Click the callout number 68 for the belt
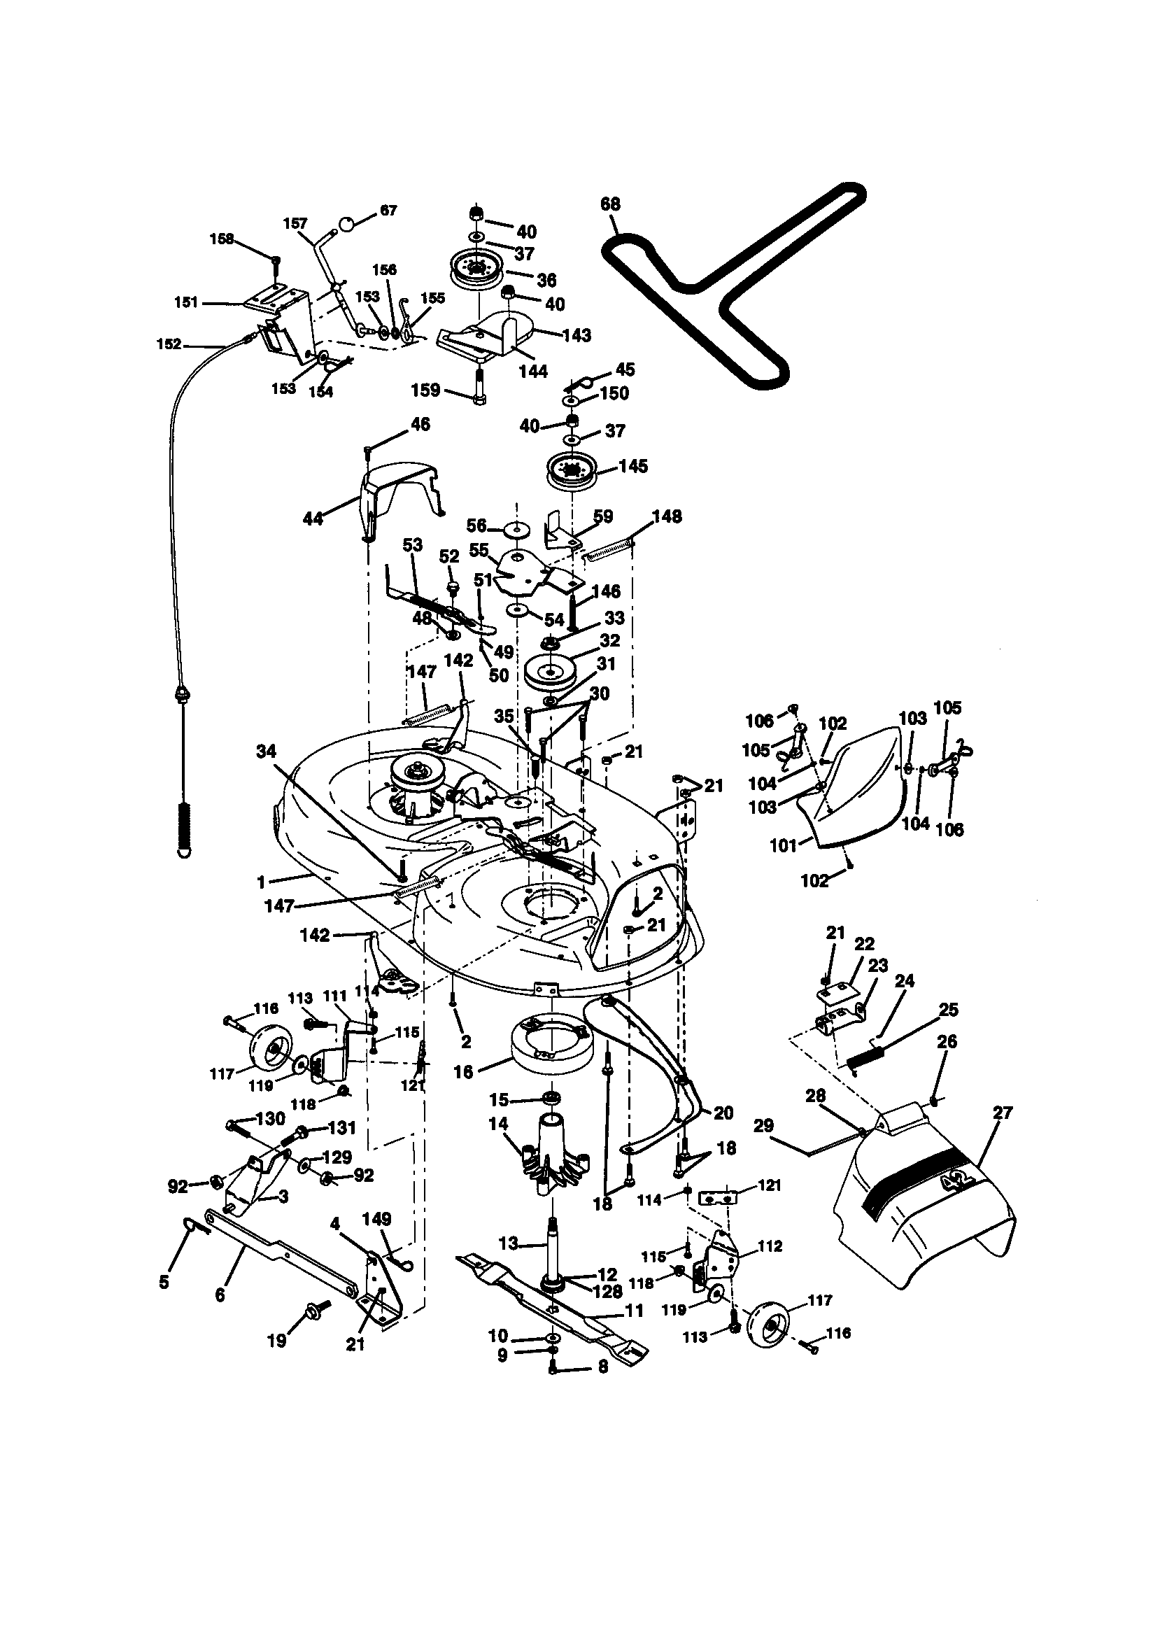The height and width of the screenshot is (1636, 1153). point(611,204)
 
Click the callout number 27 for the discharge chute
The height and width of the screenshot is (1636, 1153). point(1002,1113)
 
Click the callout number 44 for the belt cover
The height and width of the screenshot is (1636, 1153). point(313,519)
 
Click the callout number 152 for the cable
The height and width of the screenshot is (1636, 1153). point(168,344)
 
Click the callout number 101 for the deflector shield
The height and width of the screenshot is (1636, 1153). point(784,847)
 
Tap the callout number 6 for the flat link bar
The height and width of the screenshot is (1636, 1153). point(220,1294)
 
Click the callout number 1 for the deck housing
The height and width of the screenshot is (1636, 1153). point(261,882)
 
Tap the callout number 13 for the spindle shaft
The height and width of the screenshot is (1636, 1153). point(508,1243)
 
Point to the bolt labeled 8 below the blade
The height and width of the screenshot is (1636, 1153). point(553,1368)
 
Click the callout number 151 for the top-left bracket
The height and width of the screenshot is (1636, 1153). point(187,302)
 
